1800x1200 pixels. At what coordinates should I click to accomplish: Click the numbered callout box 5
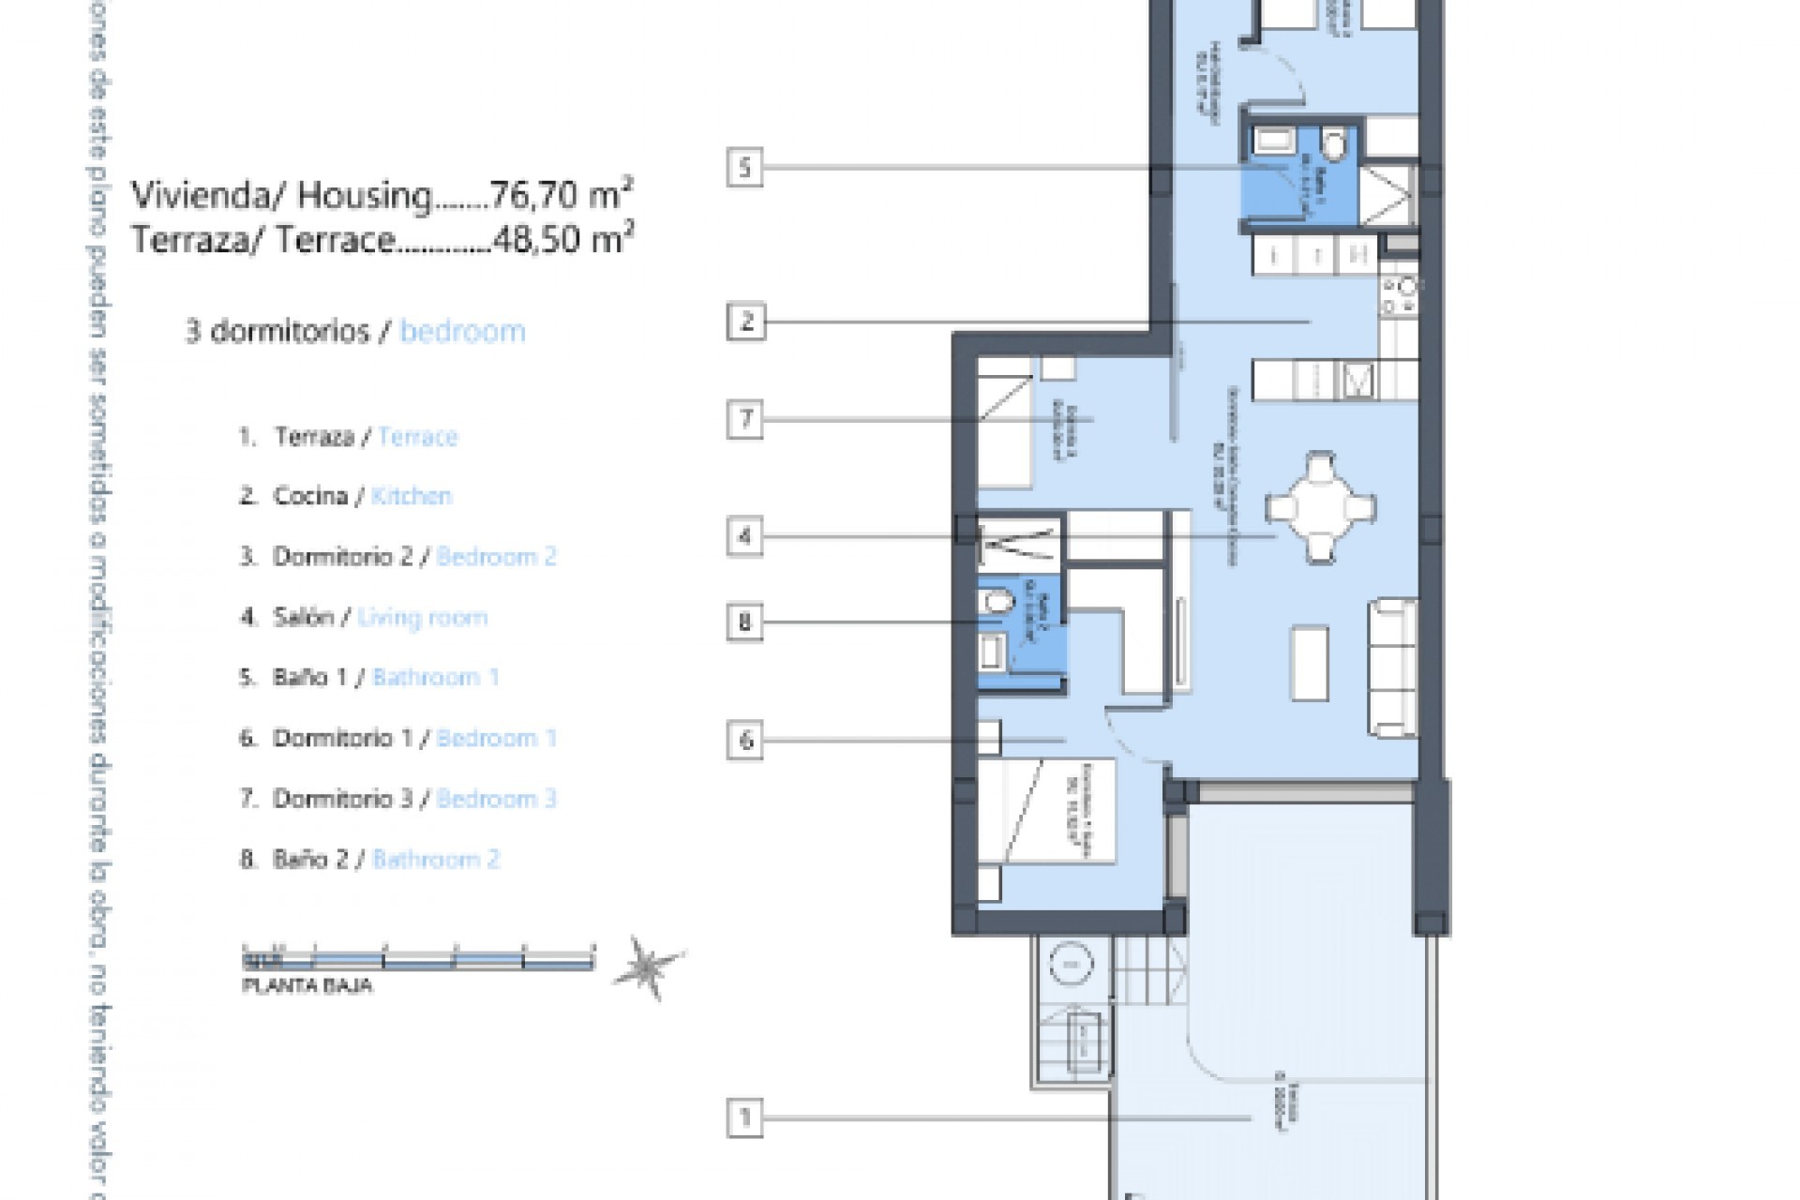coord(745,168)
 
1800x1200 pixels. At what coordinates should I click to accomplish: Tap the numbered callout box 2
coord(746,322)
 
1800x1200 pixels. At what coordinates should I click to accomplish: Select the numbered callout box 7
coord(746,419)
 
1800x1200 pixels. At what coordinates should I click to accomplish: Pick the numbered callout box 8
coord(745,622)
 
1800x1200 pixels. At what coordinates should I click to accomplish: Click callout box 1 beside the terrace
coord(746,1117)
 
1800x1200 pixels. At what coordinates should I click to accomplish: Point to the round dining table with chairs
coord(1321,507)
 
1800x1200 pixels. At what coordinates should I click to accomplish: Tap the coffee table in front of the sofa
coord(1310,663)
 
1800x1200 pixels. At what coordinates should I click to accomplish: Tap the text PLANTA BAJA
coord(307,986)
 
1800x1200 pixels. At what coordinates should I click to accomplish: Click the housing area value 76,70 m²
coord(562,196)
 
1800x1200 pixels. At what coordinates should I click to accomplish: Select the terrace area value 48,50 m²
coord(562,240)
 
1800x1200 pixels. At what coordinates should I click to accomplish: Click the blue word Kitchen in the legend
coord(412,496)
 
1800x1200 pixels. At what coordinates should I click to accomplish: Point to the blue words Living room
coord(423,617)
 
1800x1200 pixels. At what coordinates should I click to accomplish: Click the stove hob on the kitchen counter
coord(1399,295)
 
